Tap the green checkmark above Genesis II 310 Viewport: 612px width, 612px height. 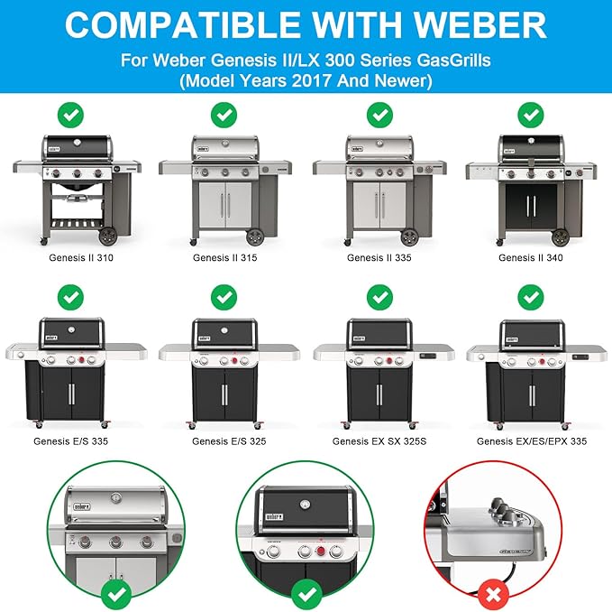click(x=70, y=115)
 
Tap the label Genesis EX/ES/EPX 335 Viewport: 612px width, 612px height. click(x=532, y=441)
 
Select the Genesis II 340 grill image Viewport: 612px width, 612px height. click(x=532, y=190)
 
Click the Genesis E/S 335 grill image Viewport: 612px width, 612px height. click(x=70, y=370)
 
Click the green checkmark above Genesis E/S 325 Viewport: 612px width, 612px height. click(x=224, y=296)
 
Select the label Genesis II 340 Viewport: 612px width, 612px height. click(x=532, y=257)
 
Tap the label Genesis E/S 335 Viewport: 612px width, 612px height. click(x=70, y=441)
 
